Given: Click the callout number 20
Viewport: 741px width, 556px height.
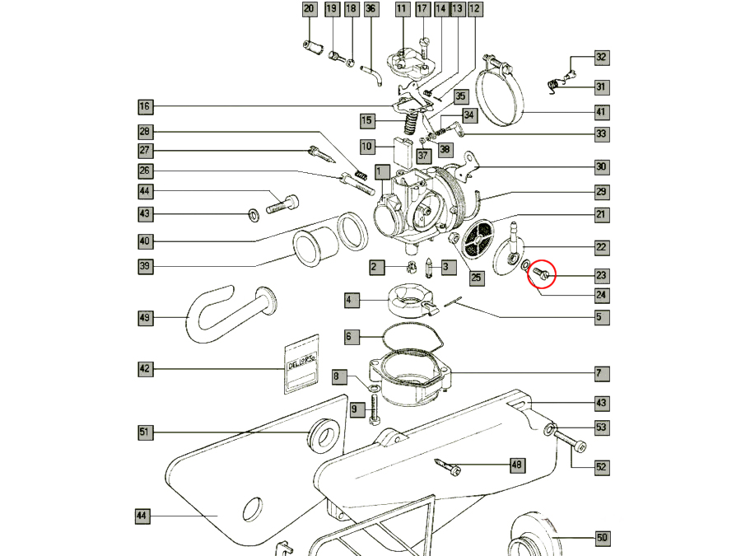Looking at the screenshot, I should coord(309,10).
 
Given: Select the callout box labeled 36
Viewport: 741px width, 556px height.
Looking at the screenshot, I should coord(370,10).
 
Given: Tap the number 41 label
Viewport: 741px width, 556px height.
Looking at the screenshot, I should coord(601,112).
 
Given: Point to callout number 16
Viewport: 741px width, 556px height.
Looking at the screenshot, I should coord(145,106).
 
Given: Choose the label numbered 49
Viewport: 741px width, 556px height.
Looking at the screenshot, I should coord(145,317).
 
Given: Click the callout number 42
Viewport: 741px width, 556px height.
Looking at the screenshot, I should coord(145,370).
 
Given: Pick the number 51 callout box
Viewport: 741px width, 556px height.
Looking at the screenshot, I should coord(145,432).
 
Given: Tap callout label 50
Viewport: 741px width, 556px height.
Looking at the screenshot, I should coord(602,538).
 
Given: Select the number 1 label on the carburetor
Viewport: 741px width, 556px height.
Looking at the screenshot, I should coord(380,172).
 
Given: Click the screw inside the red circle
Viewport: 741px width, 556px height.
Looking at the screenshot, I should coord(542,273).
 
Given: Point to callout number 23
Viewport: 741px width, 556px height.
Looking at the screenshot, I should coord(601,276).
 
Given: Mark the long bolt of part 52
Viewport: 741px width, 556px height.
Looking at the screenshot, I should coord(569,442).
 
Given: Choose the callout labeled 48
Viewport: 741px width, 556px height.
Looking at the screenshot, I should coord(517,465).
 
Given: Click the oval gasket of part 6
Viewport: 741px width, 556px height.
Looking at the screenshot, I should coord(410,339).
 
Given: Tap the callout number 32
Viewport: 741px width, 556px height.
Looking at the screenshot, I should coord(601,58).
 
